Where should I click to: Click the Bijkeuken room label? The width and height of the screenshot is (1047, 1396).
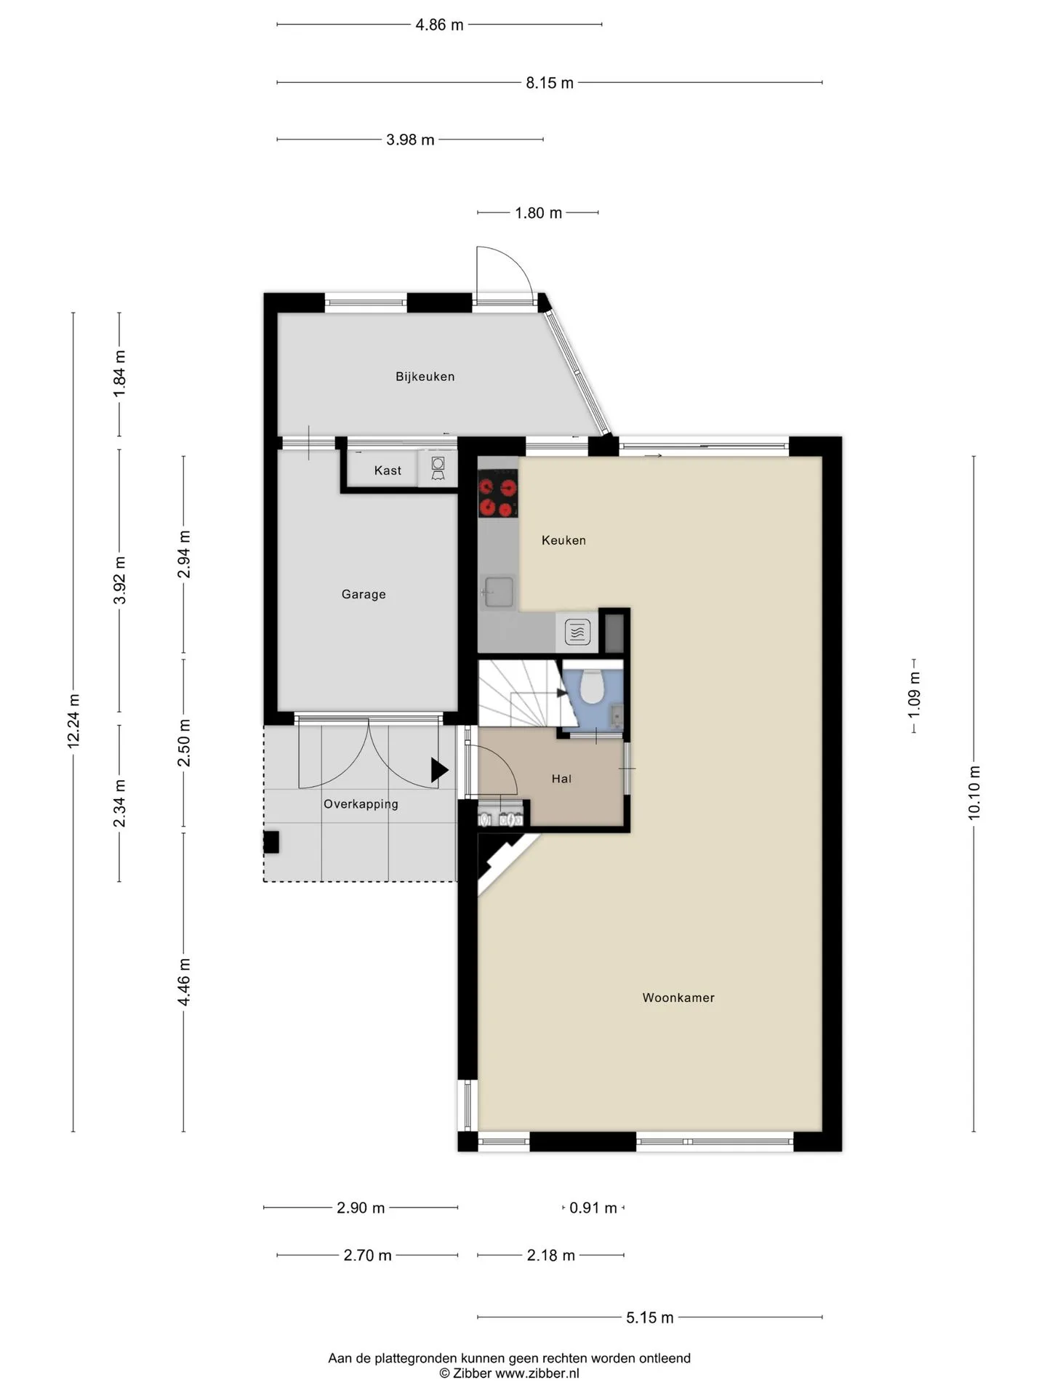tap(425, 377)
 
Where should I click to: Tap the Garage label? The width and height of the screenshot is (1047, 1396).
tap(364, 594)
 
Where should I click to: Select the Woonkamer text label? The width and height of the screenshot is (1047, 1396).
tap(678, 998)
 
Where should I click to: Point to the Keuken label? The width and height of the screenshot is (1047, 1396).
tap(563, 540)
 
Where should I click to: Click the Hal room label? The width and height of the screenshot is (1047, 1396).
tap(561, 779)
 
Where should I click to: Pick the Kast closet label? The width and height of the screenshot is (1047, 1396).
tap(388, 470)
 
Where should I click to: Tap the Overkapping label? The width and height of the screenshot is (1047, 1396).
tap(361, 804)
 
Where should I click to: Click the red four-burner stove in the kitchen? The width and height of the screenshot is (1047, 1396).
tap(498, 494)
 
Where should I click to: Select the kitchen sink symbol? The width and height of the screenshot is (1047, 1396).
tap(498, 591)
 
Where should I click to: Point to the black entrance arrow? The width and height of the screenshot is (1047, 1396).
tap(439, 770)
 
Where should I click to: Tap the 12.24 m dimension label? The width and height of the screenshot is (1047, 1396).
tap(73, 721)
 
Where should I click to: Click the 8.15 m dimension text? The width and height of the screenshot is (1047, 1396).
tap(550, 83)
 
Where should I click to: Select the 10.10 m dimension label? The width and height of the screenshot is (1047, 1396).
tap(974, 793)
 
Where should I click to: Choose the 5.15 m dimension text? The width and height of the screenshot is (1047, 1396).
tap(650, 1317)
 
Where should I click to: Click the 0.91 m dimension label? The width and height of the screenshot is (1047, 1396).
tap(593, 1208)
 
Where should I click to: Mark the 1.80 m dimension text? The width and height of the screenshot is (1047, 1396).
tap(538, 213)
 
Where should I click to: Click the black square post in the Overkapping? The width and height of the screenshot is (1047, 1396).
tap(271, 842)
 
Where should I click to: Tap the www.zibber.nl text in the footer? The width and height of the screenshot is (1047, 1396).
tap(537, 1373)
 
